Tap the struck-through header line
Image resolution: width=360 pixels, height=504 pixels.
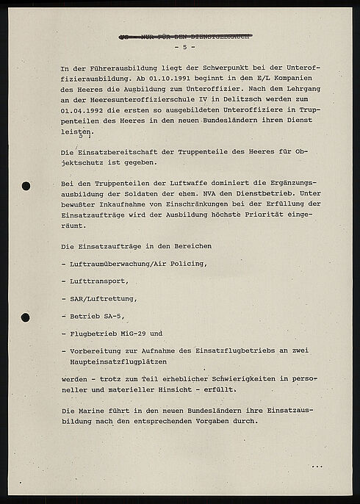[x=184, y=35]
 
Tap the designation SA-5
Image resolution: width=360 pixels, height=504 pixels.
[x=115, y=316]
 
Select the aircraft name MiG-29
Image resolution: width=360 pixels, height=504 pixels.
[x=142, y=334]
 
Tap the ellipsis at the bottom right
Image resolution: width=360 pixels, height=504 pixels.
[x=316, y=467]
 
